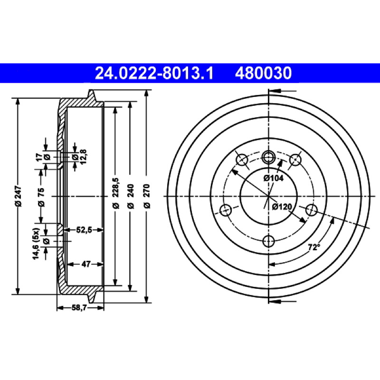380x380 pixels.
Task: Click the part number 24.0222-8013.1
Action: (154, 73)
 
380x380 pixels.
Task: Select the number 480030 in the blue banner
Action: (263, 73)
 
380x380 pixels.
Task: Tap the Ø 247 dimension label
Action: (19, 196)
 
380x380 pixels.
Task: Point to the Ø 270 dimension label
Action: (147, 196)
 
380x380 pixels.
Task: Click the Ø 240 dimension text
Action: (131, 196)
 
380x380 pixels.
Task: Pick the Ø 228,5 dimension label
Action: (116, 193)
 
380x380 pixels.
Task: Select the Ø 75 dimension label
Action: (42, 197)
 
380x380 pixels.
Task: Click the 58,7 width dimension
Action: (79, 307)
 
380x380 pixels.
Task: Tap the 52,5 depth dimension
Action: (84, 230)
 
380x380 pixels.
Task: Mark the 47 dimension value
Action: (86, 264)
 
